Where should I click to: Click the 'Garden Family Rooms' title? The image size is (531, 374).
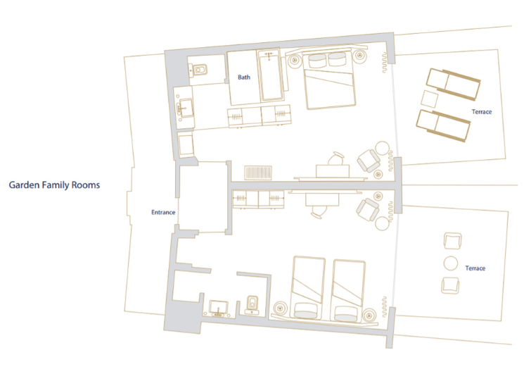pyautogui.click(x=54, y=185)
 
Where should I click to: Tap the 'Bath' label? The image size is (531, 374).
pyautogui.click(x=244, y=77)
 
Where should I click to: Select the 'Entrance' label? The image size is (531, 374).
pyautogui.click(x=163, y=212)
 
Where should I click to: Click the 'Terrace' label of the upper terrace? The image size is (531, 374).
pyautogui.click(x=482, y=111)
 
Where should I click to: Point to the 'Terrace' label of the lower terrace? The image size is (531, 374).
pyautogui.click(x=475, y=268)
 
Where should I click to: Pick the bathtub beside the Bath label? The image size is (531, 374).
pyautogui.click(x=270, y=75)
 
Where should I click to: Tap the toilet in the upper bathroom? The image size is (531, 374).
pyautogui.click(x=198, y=70)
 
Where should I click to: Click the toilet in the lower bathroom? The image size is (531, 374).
pyautogui.click(x=252, y=304)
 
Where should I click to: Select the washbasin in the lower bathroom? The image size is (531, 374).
pyautogui.click(x=219, y=308)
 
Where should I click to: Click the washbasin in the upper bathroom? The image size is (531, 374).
pyautogui.click(x=184, y=108)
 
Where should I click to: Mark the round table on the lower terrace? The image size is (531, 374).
pyautogui.click(x=451, y=263)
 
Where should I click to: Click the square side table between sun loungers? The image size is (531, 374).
pyautogui.click(x=430, y=99)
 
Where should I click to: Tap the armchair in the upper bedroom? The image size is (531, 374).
pyautogui.click(x=369, y=161)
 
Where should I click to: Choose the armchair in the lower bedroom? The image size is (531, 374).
pyautogui.click(x=368, y=210)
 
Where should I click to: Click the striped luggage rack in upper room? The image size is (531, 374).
pyautogui.click(x=258, y=173)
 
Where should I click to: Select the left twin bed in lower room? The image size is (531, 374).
pyautogui.click(x=307, y=288)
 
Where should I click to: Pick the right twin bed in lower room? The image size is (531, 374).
pyautogui.click(x=348, y=291)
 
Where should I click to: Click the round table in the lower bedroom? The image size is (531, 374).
pyautogui.click(x=383, y=224)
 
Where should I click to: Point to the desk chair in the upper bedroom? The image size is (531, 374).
pyautogui.click(x=337, y=158)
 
